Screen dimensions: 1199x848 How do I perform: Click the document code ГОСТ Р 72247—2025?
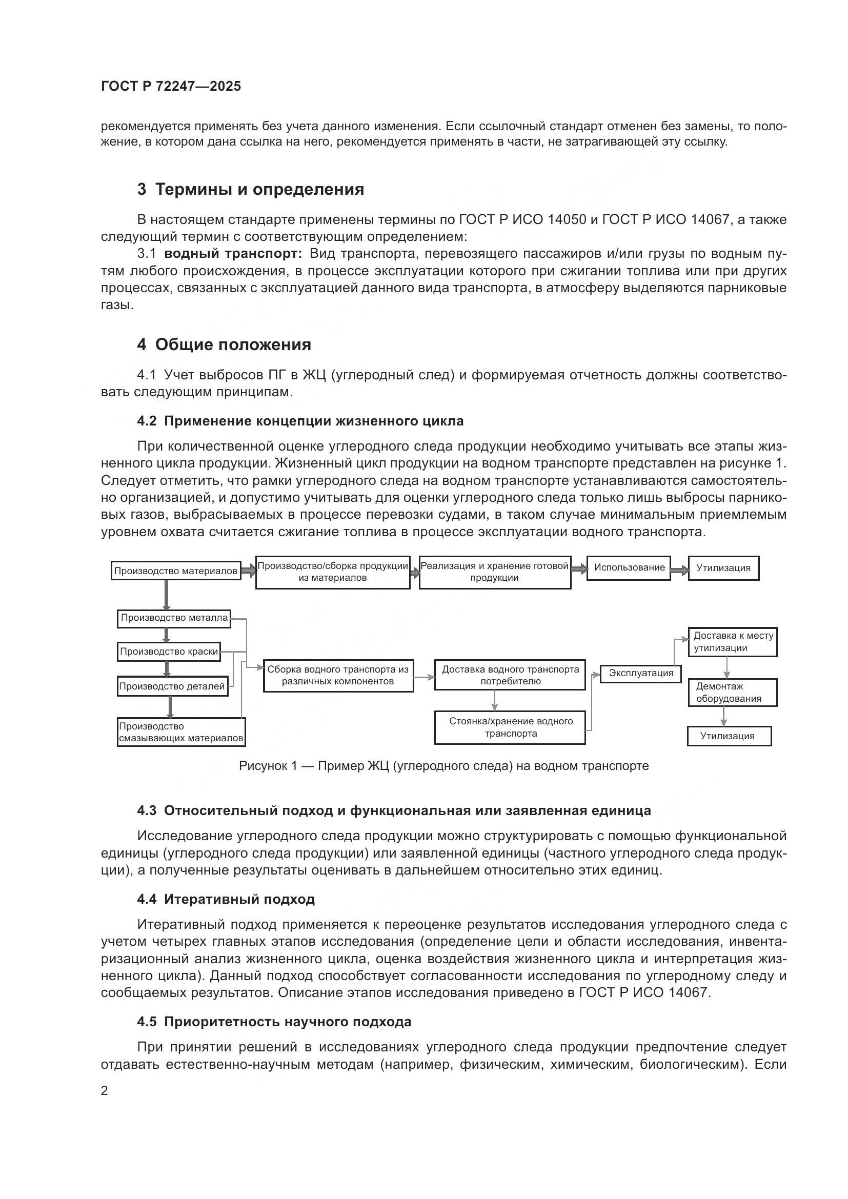coord(171,86)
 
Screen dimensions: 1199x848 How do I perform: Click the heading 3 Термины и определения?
coord(251,189)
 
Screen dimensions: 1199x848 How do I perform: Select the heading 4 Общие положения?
coord(224,344)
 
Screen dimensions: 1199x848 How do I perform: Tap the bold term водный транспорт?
coord(233,254)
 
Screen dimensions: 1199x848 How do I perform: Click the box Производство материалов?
coord(176,571)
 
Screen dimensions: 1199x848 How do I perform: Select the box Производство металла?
coord(174,618)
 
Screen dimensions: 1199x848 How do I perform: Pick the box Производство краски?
coord(169,652)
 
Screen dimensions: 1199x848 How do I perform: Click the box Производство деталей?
coord(171,686)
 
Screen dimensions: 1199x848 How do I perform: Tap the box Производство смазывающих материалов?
coord(180,732)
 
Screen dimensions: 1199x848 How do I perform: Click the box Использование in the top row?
coord(629,567)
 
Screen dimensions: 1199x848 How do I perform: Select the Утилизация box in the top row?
coord(723,568)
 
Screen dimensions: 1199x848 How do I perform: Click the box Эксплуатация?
coord(641,673)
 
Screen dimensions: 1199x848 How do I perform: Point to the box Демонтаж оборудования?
coord(732,693)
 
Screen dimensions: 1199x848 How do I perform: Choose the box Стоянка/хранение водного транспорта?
coord(510,727)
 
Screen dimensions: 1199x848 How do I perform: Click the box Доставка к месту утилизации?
coord(732,642)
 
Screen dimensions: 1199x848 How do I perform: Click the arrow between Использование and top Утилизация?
coord(679,571)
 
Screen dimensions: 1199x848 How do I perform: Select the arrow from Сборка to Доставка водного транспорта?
coord(423,677)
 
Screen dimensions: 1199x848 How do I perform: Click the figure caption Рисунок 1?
coord(443,765)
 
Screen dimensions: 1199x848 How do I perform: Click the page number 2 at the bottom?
coord(105,1091)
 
